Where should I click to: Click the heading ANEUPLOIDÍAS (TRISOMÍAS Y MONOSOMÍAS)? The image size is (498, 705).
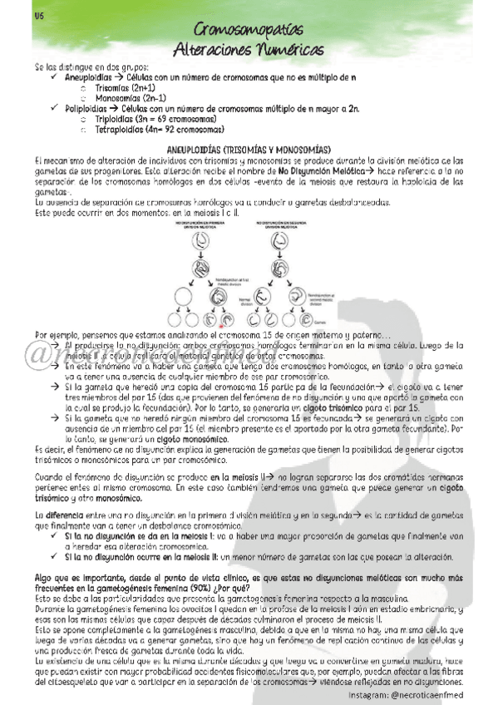coord(249,148)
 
